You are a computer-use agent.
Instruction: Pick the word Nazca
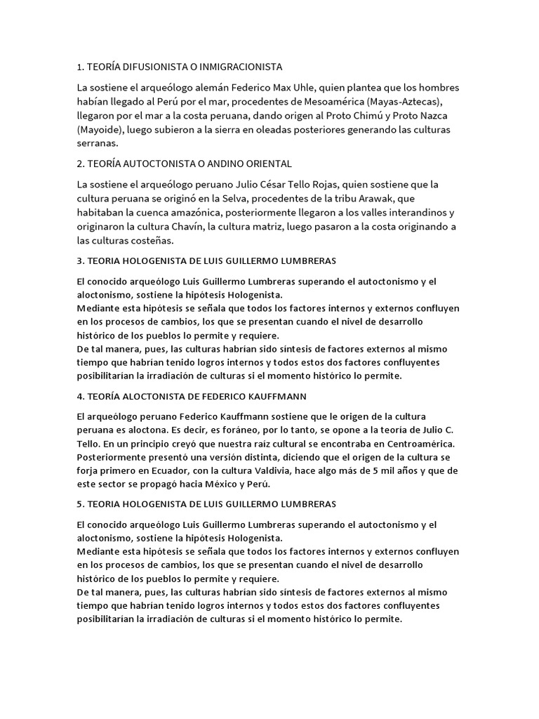click(x=444, y=116)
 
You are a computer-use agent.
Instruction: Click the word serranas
click(x=97, y=143)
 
